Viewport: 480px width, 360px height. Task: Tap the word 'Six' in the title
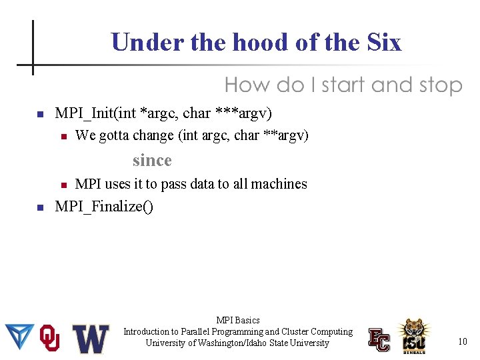click(x=384, y=43)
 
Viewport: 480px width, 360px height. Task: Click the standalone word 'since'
click(x=152, y=160)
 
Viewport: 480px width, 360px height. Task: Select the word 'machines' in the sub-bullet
click(x=279, y=184)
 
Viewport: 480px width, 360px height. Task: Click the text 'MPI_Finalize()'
click(x=104, y=207)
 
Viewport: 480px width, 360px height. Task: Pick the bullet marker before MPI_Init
click(x=40, y=114)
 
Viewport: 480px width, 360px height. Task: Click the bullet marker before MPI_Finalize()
click(x=40, y=208)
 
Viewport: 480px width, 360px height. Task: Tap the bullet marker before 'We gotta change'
click(x=63, y=137)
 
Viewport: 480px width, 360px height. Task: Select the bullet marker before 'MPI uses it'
click(x=63, y=185)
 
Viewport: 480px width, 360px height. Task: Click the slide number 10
click(x=462, y=342)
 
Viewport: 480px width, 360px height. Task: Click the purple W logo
click(x=91, y=339)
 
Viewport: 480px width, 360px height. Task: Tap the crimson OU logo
click(x=51, y=338)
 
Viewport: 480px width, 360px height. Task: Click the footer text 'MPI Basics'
click(x=238, y=321)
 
